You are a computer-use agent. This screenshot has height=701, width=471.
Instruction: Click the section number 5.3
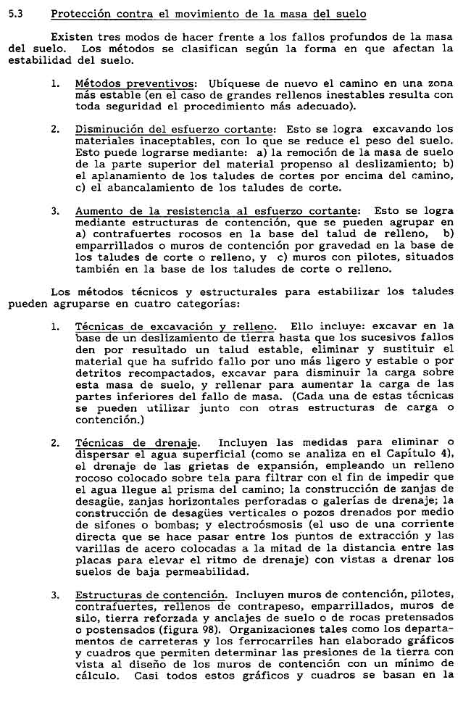tap(14, 14)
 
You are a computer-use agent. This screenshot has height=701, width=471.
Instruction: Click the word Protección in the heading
tap(82, 14)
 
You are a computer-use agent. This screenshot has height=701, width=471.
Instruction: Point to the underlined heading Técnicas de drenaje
tap(136, 443)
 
